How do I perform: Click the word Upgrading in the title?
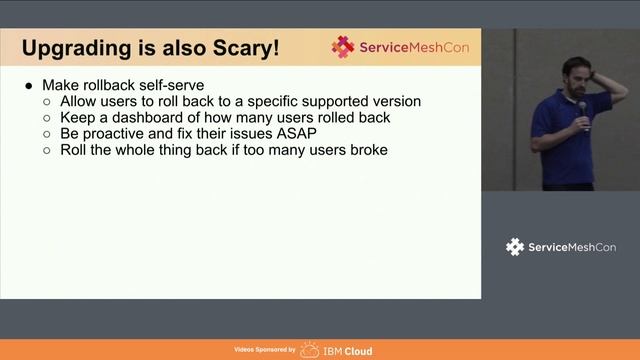coord(77,48)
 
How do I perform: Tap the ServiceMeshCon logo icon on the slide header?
coord(343,47)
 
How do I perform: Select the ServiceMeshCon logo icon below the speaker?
coord(515,246)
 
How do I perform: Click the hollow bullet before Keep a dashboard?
coord(48,118)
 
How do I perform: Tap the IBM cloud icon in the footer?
coord(310,350)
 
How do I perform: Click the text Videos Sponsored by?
coord(264,351)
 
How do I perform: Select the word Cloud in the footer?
coord(357,351)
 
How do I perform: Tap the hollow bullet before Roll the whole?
coord(48,150)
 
